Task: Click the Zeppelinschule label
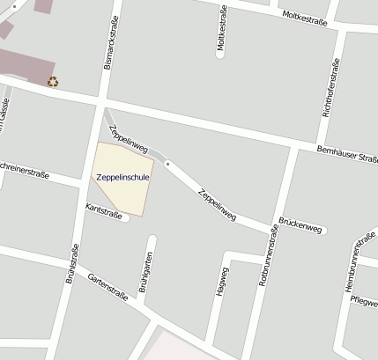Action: coord(122,177)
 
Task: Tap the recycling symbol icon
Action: coord(53,82)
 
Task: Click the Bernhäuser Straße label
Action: coord(347,154)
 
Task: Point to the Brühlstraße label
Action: coord(71,263)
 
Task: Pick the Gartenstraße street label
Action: coord(107,287)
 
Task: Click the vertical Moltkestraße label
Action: coord(221,32)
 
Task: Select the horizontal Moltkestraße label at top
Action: coord(305,17)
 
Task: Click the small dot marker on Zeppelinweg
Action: coord(167,165)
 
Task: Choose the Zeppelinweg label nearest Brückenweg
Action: coord(218,204)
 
